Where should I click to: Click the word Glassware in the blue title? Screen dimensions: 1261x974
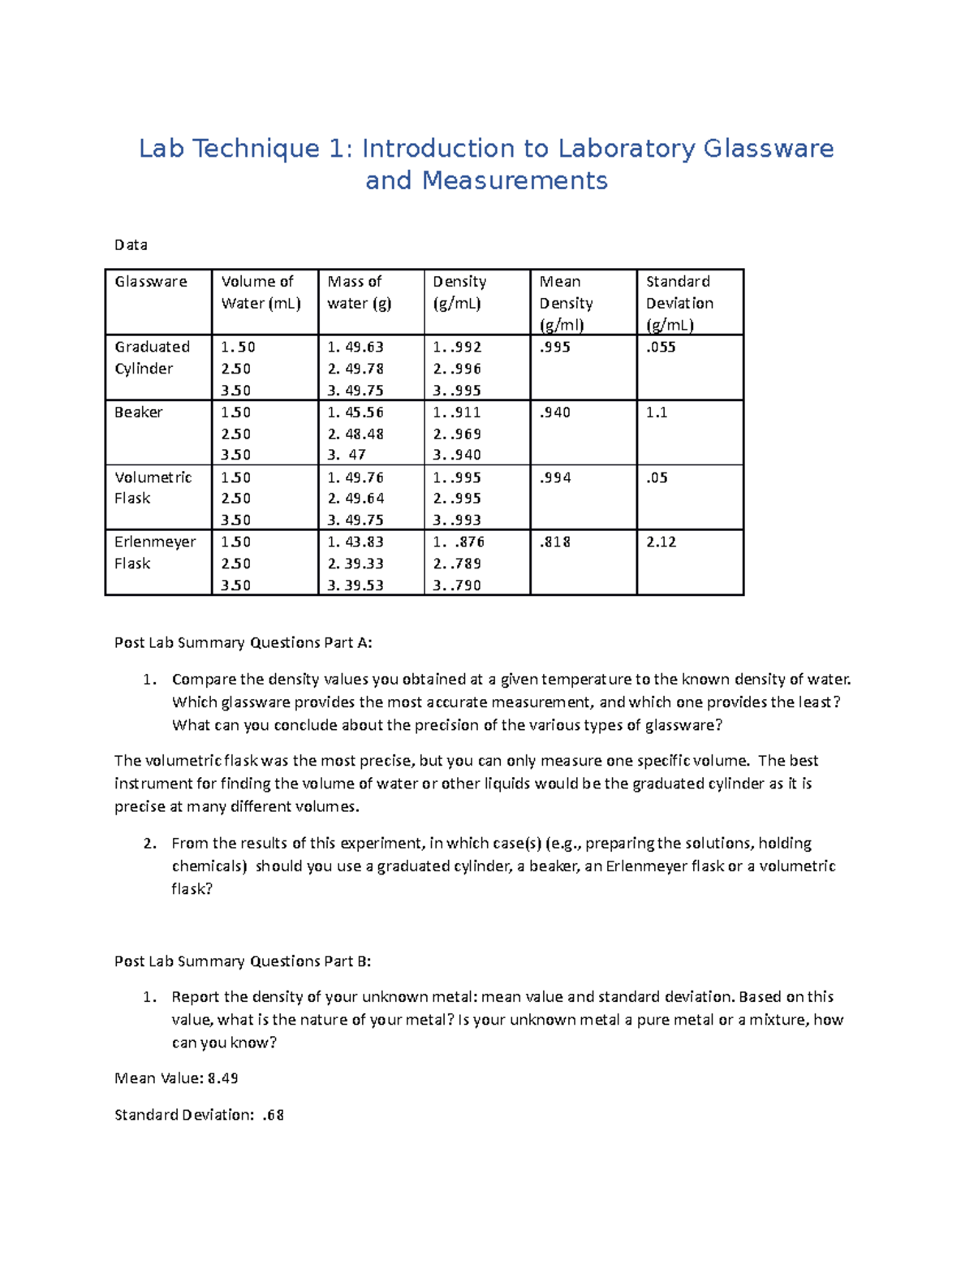[x=768, y=149]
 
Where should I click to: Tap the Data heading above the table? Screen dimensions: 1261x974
[x=131, y=244]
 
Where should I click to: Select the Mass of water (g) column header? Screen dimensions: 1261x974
[x=359, y=292]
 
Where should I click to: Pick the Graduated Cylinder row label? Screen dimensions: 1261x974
[x=152, y=357]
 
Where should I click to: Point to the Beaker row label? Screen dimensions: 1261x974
[x=138, y=412]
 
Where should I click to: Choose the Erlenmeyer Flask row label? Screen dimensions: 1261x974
[x=155, y=552]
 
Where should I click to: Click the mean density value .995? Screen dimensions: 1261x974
[x=555, y=348]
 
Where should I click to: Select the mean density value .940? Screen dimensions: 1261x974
[x=555, y=412]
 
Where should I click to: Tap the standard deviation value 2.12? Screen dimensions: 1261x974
[x=661, y=542]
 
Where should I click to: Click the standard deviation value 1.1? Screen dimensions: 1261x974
[x=656, y=412]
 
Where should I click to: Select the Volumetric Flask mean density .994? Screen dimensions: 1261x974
[x=555, y=477]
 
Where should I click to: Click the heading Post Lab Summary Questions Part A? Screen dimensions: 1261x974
[x=243, y=642]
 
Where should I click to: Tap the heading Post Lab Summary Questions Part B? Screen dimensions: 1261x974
[x=243, y=961]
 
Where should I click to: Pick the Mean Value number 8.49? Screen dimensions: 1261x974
[x=222, y=1078]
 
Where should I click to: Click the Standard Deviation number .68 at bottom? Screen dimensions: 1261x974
[x=274, y=1115]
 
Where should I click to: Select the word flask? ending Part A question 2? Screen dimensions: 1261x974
[x=192, y=889]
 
